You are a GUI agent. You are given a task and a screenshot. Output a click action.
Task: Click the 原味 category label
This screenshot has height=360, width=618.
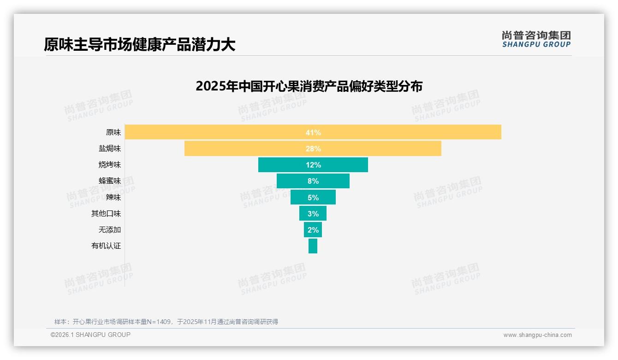113,132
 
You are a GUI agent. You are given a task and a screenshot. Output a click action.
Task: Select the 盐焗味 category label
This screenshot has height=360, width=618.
110,149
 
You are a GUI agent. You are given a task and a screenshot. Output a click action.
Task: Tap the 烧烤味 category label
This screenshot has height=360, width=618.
110,165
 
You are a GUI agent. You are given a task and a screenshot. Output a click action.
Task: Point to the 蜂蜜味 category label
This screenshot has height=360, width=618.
110,181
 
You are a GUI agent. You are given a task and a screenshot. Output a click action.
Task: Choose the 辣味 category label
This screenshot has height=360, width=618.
113,197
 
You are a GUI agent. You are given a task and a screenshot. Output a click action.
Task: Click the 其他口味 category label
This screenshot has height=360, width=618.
106,213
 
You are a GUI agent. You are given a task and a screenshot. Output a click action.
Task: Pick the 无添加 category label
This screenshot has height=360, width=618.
110,229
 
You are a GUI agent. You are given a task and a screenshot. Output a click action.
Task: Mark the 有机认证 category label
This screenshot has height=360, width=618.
106,246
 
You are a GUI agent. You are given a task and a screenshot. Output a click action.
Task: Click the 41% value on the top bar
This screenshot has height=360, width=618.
313,132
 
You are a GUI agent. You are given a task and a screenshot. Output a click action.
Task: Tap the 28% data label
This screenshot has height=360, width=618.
313,149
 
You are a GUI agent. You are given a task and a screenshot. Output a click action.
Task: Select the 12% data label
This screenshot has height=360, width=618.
313,165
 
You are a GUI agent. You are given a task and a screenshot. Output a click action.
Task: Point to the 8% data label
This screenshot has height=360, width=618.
313,181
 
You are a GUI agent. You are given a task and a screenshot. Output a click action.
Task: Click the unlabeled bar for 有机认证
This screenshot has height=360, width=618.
313,246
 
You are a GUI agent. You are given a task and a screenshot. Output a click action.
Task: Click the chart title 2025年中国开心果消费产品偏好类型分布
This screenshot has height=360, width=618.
309,86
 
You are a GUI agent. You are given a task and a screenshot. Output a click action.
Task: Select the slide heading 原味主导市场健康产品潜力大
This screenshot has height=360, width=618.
140,44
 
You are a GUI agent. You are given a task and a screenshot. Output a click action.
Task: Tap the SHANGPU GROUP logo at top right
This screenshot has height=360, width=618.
536,39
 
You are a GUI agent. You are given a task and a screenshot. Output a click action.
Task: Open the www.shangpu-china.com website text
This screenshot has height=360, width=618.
537,335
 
